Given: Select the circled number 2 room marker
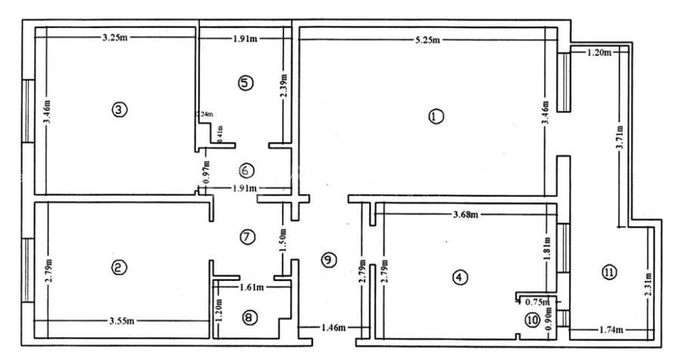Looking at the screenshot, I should (118, 267).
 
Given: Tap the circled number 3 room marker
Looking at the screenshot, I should (118, 110).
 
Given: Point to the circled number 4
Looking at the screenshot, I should (458, 277).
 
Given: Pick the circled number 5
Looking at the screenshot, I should (244, 82).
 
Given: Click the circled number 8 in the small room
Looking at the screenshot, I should (249, 317).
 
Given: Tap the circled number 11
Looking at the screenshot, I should (609, 272).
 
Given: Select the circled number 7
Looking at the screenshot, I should (247, 236).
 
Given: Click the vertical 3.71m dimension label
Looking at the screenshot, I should (620, 139).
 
